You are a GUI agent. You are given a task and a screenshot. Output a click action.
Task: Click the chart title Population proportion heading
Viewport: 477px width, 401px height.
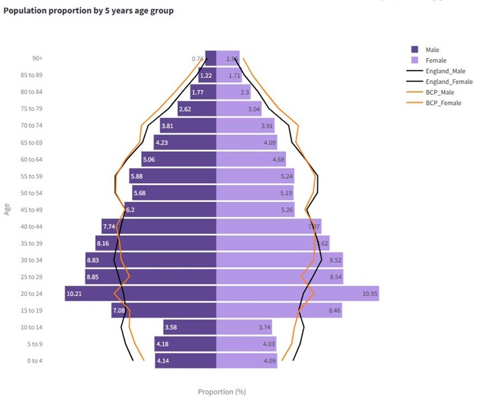[89, 11]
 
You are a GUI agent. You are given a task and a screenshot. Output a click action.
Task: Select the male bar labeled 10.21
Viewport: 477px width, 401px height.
[141, 293]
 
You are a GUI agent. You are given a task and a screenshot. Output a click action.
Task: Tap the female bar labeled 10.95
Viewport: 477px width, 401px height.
[298, 293]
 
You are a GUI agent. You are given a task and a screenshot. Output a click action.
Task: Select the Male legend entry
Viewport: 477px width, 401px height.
[432, 49]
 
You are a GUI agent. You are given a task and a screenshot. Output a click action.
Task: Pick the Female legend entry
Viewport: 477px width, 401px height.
[436, 60]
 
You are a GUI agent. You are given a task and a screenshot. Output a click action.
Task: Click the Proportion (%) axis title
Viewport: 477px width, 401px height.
[226, 392]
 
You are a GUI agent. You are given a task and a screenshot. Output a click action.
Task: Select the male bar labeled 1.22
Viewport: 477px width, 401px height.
[207, 75]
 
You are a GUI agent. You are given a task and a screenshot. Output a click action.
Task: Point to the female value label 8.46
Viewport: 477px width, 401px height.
[335, 310]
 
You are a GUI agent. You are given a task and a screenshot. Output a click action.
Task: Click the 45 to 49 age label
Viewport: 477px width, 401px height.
[31, 209]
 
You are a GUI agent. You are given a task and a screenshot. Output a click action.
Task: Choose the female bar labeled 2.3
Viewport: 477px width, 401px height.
[234, 92]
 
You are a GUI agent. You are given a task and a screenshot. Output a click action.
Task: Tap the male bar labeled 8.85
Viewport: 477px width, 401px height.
[151, 276]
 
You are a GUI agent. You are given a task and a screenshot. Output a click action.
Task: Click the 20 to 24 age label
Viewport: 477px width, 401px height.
[31, 293]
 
